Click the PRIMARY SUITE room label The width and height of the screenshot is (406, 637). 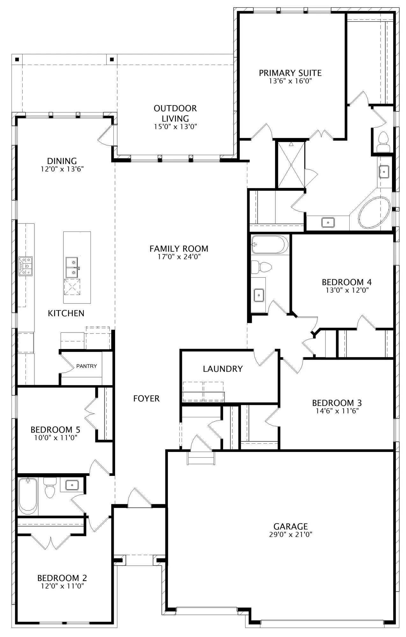pos(290,73)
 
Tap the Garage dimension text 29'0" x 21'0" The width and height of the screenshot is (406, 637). pos(290,534)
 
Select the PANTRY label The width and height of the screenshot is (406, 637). pos(86,366)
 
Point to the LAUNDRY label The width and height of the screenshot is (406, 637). pos(223,369)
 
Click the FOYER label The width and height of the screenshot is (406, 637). pos(146,398)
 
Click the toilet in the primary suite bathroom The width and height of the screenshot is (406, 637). pos(383,142)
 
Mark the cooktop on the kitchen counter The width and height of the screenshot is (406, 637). pos(25,266)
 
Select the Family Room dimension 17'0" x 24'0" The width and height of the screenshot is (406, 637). pos(179,257)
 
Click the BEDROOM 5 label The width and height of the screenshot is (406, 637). pos(55,430)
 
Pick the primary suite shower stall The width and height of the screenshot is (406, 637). pos(291,165)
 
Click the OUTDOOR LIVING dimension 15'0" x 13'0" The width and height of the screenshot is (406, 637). pos(175,126)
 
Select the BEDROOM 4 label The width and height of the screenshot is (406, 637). pos(347,282)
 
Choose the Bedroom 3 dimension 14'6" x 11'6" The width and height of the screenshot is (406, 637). pos(337,411)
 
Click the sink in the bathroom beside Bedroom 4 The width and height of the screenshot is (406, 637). pos(259,295)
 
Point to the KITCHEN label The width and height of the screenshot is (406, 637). pos(66,313)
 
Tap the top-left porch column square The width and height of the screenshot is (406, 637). pos(17,59)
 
